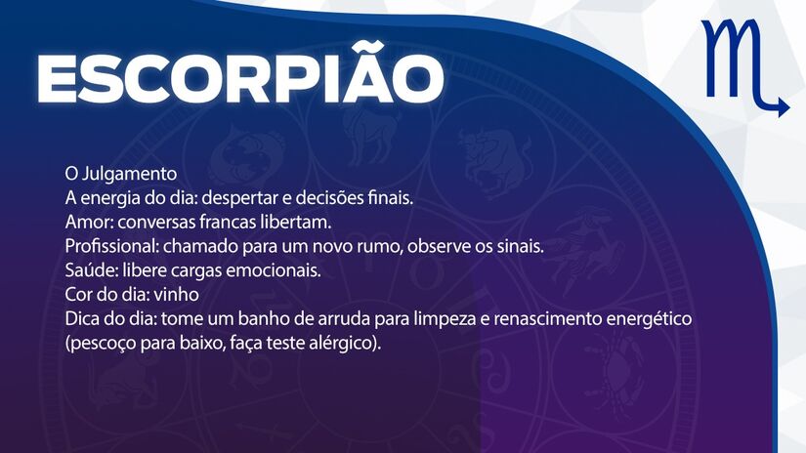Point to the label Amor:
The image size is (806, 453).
pos(87,222)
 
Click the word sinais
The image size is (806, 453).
pos(517,246)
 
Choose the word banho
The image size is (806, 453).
pos(321,319)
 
